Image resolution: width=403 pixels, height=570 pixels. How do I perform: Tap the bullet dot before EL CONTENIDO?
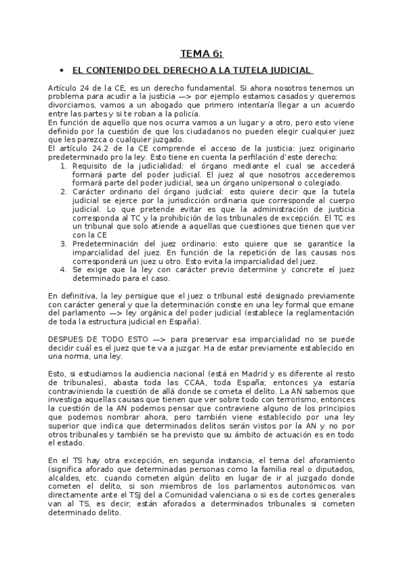pyautogui.click(x=61, y=70)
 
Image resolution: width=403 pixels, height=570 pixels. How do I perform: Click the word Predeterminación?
pyautogui.click(x=108, y=243)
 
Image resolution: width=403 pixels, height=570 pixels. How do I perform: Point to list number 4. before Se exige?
pyautogui.click(x=63, y=269)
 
